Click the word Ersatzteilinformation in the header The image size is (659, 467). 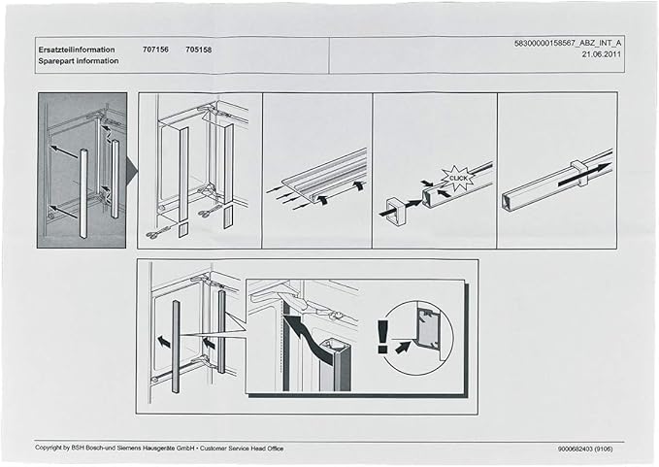coord(77,49)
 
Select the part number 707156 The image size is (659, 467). coord(156,49)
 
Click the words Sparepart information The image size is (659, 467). coord(78,60)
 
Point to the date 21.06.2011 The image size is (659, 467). coord(602,55)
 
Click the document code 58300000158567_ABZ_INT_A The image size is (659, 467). coord(568,44)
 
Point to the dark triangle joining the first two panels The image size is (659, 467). coord(132,175)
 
